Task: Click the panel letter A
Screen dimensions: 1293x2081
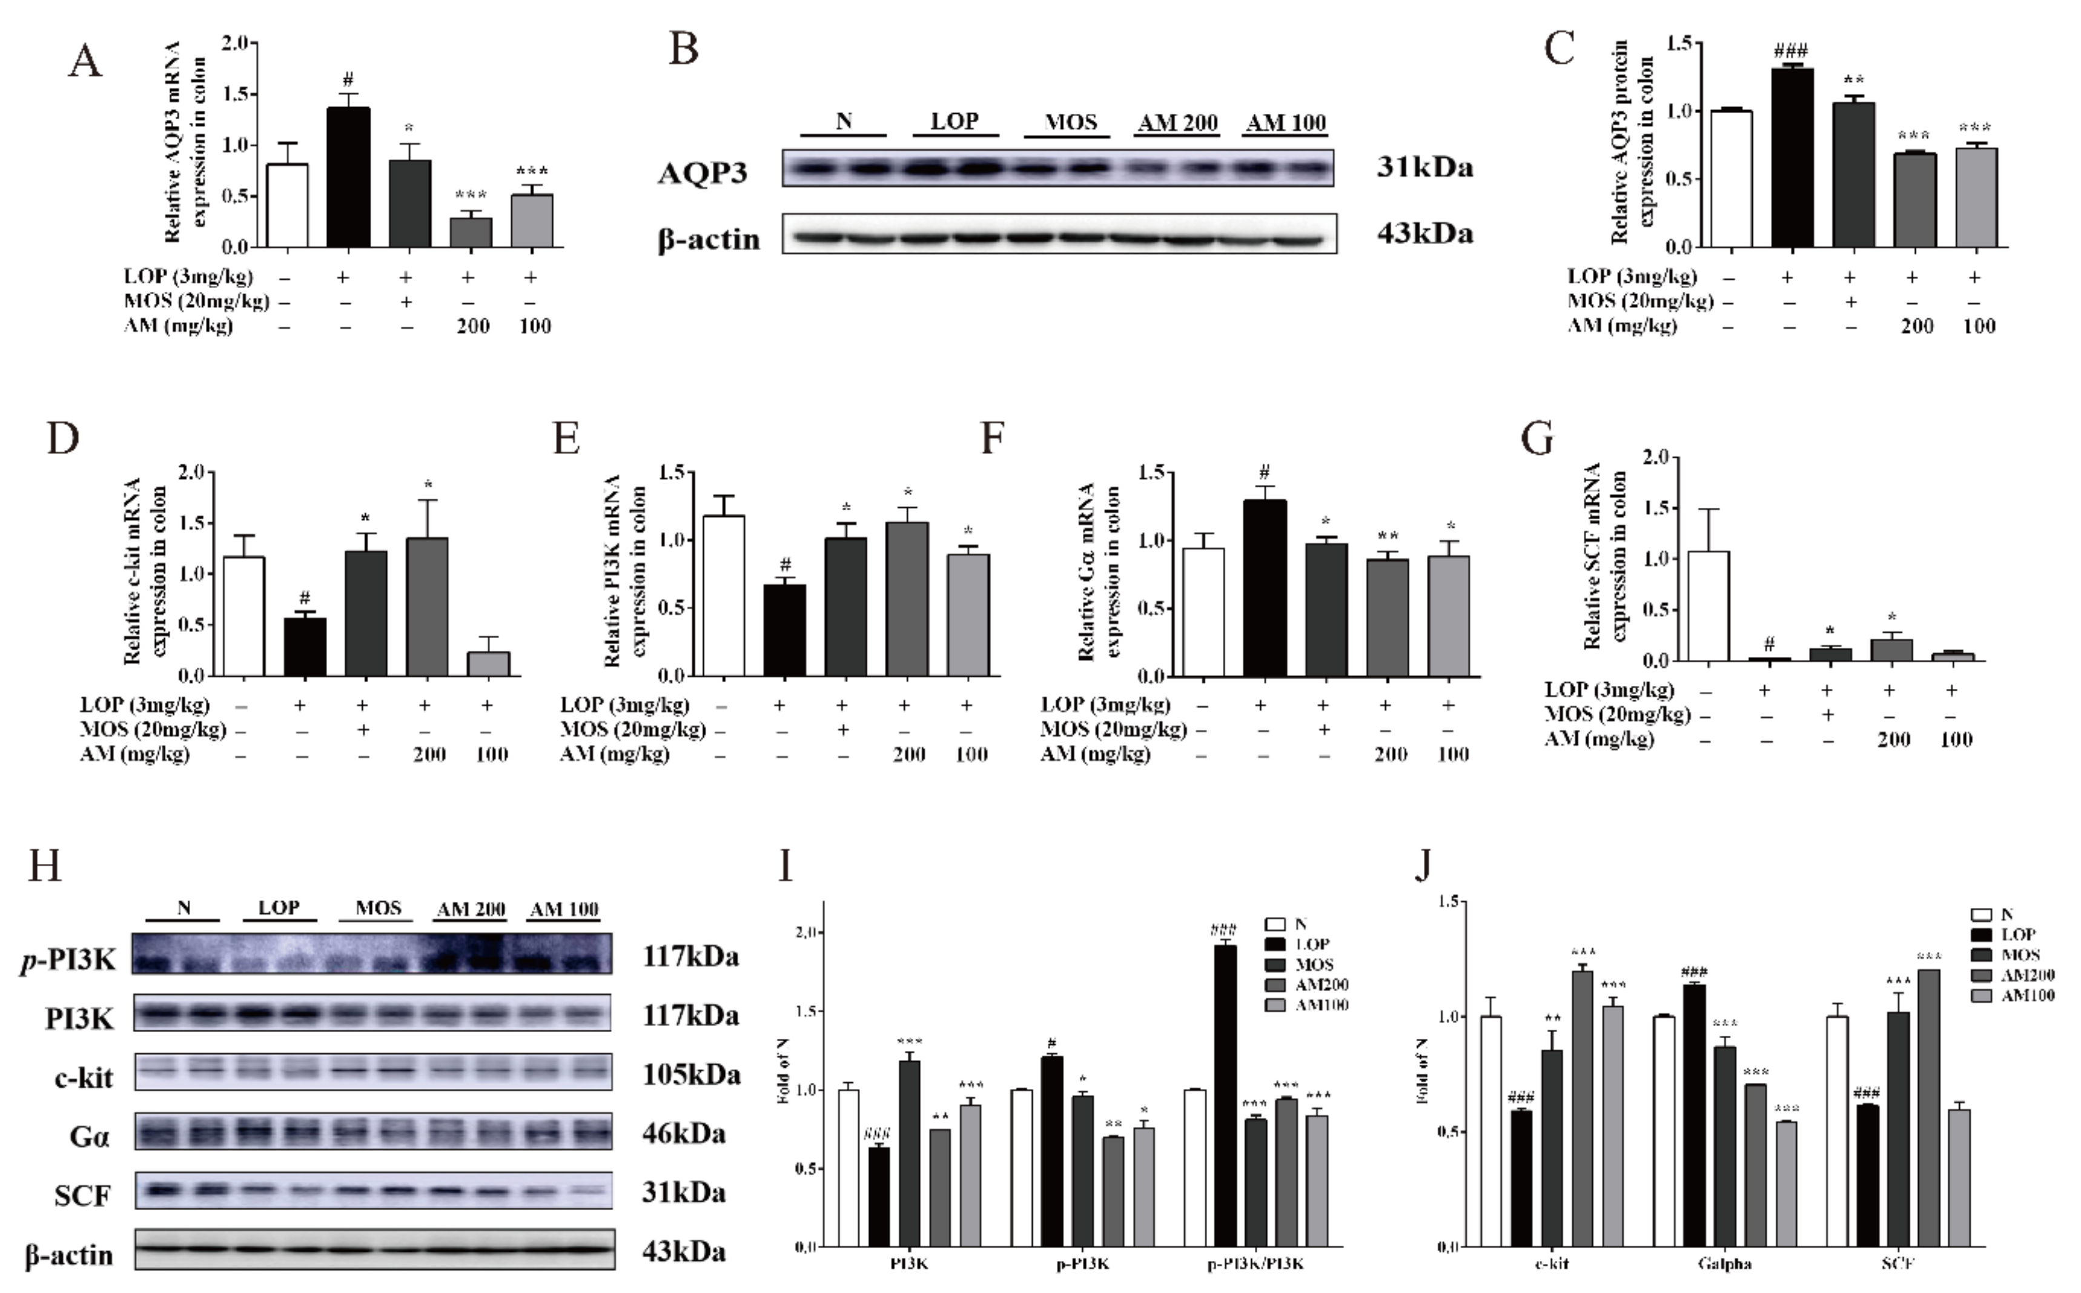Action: pos(85,62)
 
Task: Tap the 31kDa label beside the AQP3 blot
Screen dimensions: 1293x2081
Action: pos(1424,168)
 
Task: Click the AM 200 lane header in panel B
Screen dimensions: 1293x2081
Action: pos(1177,122)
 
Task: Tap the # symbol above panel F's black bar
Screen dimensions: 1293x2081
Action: pos(1264,472)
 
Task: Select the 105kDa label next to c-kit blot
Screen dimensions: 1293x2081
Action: pos(691,1074)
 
